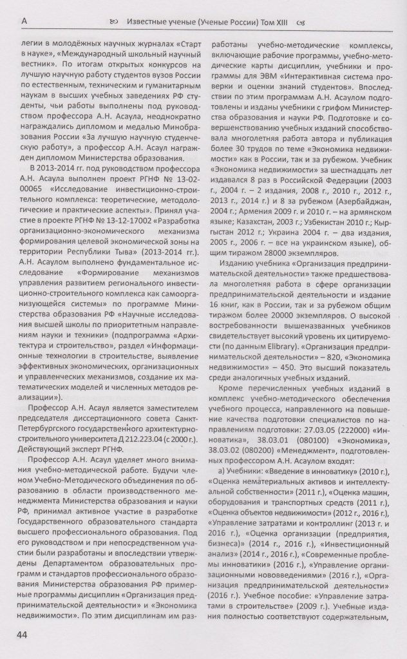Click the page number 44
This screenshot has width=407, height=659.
click(22, 635)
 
